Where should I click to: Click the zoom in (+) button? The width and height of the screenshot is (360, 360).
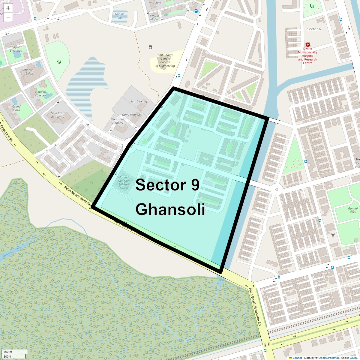point(8,8)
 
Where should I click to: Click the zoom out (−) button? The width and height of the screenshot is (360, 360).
point(8,17)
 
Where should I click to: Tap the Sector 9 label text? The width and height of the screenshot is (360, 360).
point(167,185)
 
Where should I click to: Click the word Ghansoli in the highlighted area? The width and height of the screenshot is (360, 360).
point(170,209)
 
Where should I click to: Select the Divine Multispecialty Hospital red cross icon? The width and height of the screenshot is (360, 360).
point(307,45)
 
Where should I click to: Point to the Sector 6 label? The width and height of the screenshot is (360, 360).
point(314,29)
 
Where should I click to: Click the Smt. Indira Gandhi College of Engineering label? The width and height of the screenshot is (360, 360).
point(165,61)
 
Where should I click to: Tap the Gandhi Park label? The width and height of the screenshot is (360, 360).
point(353,210)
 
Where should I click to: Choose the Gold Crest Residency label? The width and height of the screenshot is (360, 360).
point(58,115)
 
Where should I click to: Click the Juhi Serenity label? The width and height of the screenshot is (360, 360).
point(139,101)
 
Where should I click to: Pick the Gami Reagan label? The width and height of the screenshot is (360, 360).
point(131,115)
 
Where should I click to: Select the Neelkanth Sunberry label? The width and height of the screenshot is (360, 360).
point(117,121)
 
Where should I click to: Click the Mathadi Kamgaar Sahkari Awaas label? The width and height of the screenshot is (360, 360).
point(124,183)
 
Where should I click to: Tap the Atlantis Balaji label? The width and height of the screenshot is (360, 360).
point(29,72)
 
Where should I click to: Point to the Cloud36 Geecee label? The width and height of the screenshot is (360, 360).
point(40,94)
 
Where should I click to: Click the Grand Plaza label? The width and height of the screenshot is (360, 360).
point(16,108)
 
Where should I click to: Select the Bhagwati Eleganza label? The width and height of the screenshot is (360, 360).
point(16,49)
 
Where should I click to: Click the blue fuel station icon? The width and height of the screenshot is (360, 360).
point(196,11)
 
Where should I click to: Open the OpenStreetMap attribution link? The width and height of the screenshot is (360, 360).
point(329,358)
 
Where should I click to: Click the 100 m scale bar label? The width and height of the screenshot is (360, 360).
point(8,352)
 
